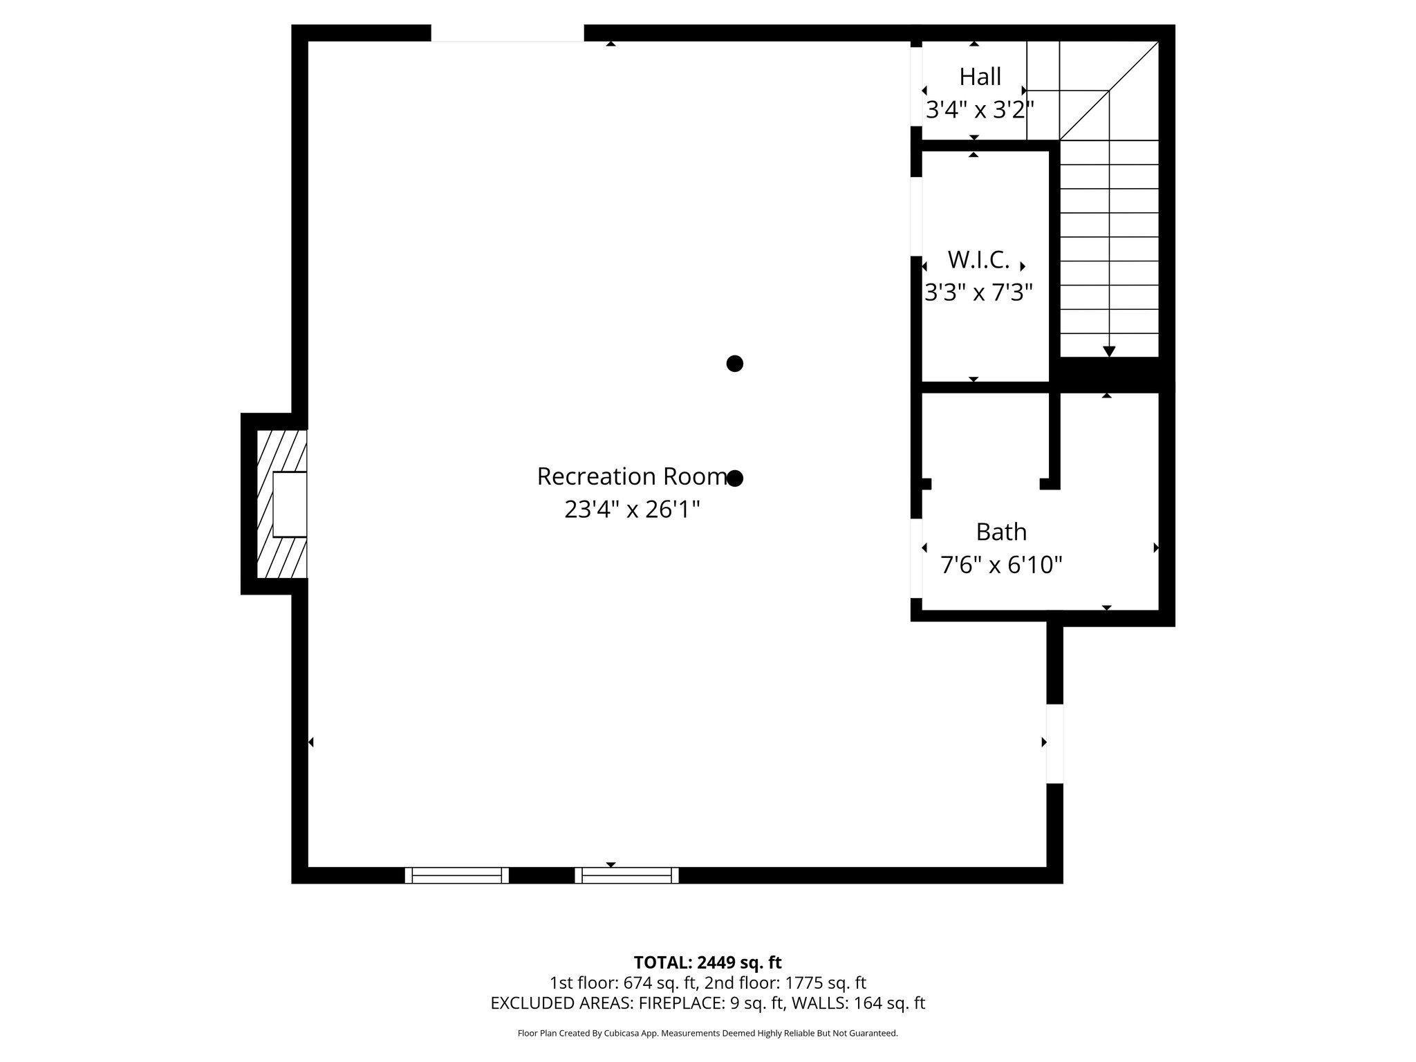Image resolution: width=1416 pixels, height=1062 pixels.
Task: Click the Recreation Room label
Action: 631,476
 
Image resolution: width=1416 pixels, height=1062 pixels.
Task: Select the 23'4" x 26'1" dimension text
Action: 632,510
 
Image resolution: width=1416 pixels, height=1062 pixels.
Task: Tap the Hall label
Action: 980,77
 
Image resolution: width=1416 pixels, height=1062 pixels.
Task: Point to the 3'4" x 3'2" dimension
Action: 979,109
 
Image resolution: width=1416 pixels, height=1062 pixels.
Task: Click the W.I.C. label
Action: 978,260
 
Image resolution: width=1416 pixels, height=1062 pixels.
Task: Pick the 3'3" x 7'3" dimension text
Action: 978,292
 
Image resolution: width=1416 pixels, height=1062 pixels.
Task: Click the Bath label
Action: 1000,532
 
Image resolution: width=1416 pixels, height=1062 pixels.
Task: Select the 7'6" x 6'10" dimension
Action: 1000,565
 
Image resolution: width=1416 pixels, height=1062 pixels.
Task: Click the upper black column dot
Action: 734,364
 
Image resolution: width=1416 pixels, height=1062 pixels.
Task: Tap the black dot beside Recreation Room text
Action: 735,478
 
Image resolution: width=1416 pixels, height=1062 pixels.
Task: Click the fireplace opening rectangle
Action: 290,505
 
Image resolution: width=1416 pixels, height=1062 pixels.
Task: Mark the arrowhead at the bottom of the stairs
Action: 1109,351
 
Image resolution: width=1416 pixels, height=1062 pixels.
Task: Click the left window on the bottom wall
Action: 456,875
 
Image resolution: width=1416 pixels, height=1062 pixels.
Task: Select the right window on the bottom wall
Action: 626,875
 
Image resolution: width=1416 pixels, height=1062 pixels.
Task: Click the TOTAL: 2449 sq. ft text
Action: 707,962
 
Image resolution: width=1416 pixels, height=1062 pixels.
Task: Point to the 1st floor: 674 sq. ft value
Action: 623,982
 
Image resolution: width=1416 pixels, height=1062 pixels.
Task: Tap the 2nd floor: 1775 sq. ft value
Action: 785,982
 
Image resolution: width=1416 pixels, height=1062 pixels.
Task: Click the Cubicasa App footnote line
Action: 707,1033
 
